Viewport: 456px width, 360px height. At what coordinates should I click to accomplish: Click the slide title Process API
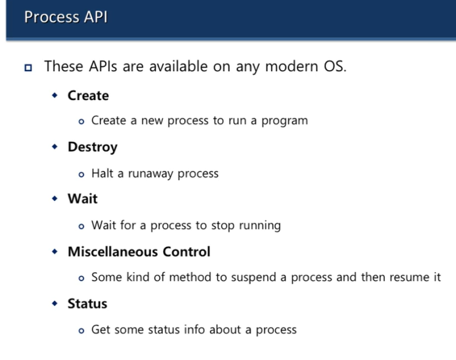click(66, 17)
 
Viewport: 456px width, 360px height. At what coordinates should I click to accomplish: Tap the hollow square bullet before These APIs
click(28, 67)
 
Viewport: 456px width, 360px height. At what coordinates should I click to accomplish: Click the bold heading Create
click(88, 96)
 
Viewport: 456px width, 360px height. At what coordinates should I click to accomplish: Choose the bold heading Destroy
click(92, 147)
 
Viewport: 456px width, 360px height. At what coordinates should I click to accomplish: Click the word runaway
click(150, 173)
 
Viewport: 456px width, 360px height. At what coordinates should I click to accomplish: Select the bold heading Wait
click(82, 199)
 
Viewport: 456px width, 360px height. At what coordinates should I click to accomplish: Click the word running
click(258, 225)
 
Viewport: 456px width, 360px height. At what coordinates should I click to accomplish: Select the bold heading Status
click(87, 304)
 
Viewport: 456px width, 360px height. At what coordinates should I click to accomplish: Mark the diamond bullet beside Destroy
click(55, 147)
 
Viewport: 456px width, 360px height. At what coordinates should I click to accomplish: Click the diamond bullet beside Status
click(55, 303)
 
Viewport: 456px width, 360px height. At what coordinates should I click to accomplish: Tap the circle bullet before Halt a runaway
click(82, 174)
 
